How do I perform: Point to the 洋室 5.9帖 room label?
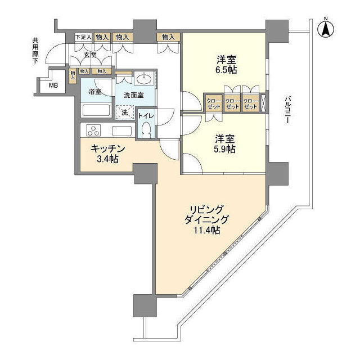pyautogui.click(x=223, y=144)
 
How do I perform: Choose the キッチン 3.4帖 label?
pyautogui.click(x=106, y=154)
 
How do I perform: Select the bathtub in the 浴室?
pyautogui.click(x=97, y=110)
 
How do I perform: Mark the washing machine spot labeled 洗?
pyautogui.click(x=125, y=113)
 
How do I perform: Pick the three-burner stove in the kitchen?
pyautogui.click(x=93, y=131)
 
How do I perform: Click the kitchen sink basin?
pyautogui.click(x=121, y=131)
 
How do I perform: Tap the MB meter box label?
pyautogui.click(x=53, y=85)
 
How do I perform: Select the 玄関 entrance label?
pyautogui.click(x=90, y=55)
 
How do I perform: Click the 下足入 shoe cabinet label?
pyautogui.click(x=83, y=37)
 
